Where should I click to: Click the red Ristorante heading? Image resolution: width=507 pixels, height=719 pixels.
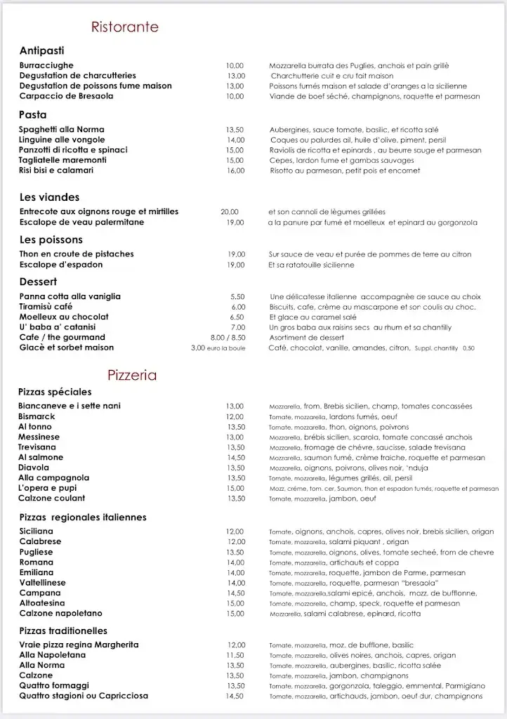[125, 27]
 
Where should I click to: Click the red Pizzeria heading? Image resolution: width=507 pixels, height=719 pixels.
[132, 374]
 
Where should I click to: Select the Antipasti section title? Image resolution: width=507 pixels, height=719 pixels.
[42, 51]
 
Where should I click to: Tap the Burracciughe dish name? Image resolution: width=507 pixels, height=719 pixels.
[46, 65]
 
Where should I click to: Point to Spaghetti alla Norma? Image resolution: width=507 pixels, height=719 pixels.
[62, 130]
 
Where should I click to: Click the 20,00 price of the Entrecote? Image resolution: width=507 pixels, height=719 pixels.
[230, 212]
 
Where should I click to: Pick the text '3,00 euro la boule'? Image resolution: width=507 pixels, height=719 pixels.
[218, 348]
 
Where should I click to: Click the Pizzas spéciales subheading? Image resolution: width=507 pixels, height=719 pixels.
[55, 392]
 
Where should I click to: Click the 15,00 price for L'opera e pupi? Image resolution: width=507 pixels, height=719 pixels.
[235, 488]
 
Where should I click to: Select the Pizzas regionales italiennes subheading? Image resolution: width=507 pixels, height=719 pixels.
[83, 517]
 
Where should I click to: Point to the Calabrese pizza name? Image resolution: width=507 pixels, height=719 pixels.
[40, 542]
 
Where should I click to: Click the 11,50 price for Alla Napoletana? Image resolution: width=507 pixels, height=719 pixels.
[236, 655]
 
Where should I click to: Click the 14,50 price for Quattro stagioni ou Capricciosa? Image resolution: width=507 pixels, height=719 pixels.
[235, 696]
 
